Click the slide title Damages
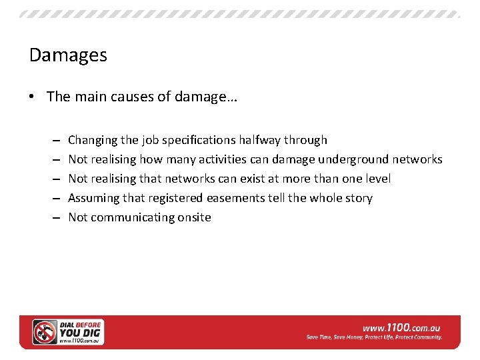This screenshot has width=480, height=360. [68, 55]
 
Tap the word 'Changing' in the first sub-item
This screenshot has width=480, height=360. [93, 140]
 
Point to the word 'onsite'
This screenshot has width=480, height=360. [192, 217]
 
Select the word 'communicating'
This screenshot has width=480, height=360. [131, 217]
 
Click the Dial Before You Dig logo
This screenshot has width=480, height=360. [69, 331]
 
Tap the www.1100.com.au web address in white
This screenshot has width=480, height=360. [401, 327]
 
